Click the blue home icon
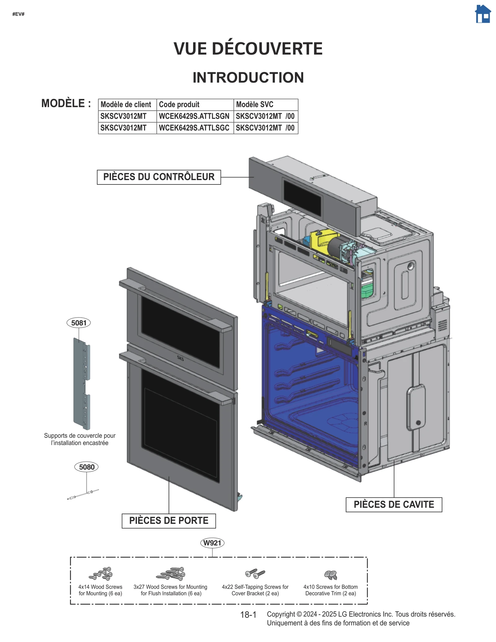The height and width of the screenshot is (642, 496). click(x=483, y=14)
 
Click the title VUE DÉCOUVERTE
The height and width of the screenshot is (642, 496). click(x=248, y=49)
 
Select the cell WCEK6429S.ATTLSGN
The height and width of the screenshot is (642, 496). click(x=194, y=116)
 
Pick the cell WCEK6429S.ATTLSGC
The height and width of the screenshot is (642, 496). click(x=194, y=128)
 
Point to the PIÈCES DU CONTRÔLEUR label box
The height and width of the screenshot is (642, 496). click(x=159, y=177)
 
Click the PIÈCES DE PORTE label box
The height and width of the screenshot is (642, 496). click(x=169, y=520)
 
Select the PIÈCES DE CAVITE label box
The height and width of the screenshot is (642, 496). click(x=394, y=504)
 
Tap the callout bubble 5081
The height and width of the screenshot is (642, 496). click(x=79, y=323)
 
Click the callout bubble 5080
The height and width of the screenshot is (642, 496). click(x=86, y=467)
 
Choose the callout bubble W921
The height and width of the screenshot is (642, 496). click(x=212, y=543)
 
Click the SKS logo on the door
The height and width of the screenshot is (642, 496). click(x=180, y=358)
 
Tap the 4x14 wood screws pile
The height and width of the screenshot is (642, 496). click(x=101, y=574)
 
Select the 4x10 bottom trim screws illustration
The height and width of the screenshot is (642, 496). click(x=330, y=575)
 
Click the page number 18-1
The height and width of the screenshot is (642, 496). click(x=248, y=615)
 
